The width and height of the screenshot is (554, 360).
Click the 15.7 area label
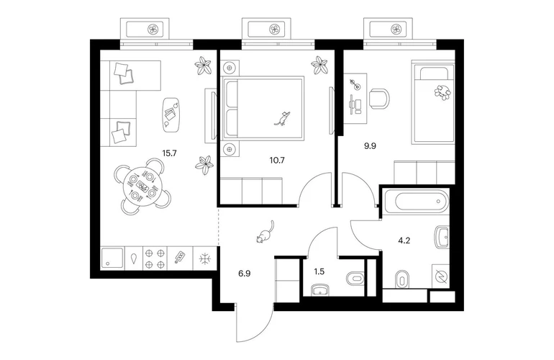(x=169, y=153)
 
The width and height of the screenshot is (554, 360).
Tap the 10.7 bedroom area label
(x=277, y=160)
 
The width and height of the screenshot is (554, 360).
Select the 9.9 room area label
(x=371, y=145)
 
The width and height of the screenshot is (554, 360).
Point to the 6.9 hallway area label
(x=245, y=274)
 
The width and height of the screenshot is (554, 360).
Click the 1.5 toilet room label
(x=319, y=271)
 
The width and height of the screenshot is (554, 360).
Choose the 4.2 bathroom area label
(x=404, y=240)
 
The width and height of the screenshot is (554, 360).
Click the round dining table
(x=142, y=186)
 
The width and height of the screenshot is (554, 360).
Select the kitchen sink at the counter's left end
(x=112, y=258)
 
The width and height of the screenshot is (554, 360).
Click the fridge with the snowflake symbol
(x=205, y=258)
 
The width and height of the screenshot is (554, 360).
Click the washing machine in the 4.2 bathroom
(x=440, y=276)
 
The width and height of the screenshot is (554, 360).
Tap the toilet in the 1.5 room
(x=355, y=278)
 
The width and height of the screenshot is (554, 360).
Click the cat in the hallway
(x=265, y=233)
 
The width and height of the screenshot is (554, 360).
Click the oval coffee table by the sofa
(x=172, y=114)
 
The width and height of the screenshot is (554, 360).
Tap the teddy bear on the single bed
(x=442, y=91)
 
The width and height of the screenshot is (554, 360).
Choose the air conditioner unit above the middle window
(x=266, y=28)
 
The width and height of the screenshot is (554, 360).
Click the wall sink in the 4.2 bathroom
(x=442, y=237)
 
